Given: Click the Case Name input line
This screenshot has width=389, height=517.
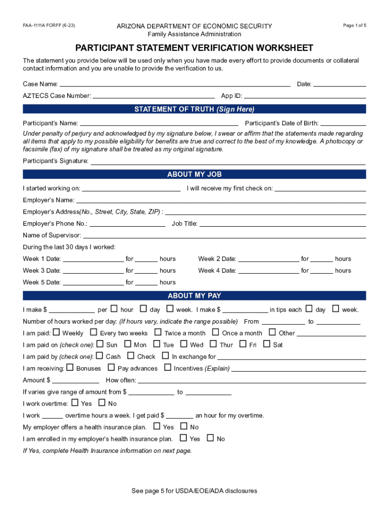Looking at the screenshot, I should coord(175,84).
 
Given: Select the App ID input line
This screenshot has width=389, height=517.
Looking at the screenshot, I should coord(305,96).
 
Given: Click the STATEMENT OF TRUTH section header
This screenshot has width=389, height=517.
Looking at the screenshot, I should coord(194,109).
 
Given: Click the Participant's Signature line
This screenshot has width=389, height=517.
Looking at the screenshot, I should coord(227,162).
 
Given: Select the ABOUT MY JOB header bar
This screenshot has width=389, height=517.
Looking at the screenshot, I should coord(194,174).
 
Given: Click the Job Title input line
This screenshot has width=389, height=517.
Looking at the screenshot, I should coord(283,224).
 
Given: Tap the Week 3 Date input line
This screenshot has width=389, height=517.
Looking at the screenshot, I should coord(93,271).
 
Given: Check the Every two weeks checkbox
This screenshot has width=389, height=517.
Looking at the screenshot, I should coord(93,332).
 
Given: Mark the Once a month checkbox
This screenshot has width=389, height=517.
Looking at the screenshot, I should coord(216,332).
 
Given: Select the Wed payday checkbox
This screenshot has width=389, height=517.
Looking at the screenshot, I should coord(184,344).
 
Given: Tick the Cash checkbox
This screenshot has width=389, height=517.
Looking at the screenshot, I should coord(100,356).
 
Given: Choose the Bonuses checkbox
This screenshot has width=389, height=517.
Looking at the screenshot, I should coord(70,368).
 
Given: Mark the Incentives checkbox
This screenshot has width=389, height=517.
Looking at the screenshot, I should coord(168,368).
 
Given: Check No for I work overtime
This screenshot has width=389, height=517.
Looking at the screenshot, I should coord(102,403).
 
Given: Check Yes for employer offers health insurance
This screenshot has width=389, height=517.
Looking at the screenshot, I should coord(157,427).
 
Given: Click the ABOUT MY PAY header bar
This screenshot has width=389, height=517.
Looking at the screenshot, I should coord(194,296).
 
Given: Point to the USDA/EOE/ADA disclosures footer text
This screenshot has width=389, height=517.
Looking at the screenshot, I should coord(194,491).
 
